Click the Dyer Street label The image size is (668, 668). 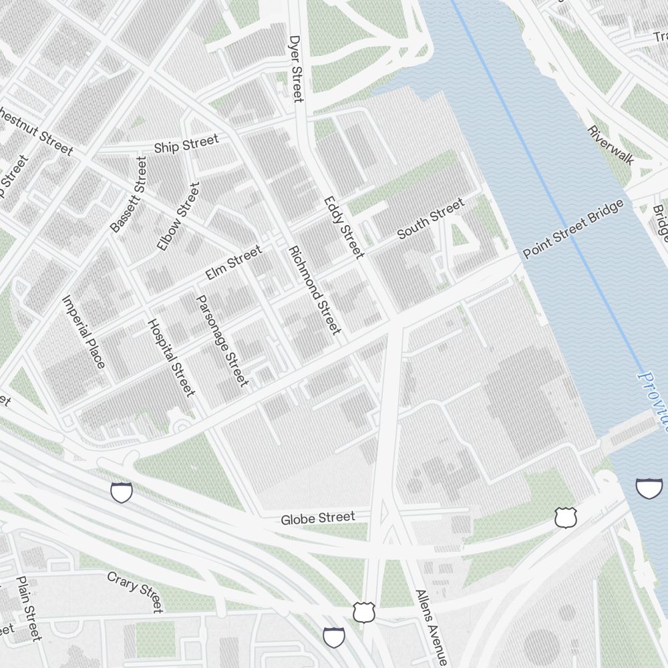(x=296, y=69)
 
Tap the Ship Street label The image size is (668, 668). (x=186, y=144)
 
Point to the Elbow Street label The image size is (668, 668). (x=178, y=216)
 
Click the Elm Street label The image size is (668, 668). (x=233, y=263)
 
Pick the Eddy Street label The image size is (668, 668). (x=344, y=227)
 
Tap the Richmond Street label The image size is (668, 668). (x=314, y=290)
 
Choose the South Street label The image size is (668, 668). (x=430, y=219)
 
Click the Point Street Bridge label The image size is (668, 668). (x=574, y=228)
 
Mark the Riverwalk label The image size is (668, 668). (x=611, y=146)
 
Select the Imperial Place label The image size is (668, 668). (x=83, y=331)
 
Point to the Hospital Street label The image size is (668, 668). (x=171, y=357)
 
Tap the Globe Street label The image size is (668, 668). (x=317, y=518)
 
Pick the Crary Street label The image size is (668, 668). (x=135, y=591)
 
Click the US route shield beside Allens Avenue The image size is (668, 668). (x=364, y=611)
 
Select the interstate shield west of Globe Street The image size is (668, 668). (x=122, y=493)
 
